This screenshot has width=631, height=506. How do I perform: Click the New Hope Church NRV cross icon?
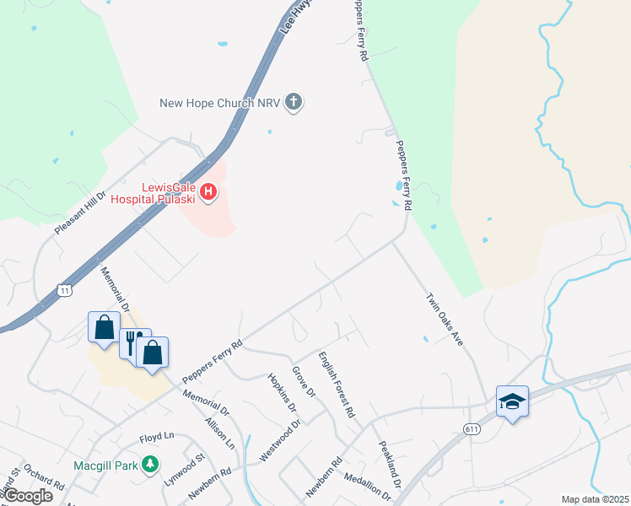pos(294,103)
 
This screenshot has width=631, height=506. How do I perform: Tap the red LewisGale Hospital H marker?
pos(208,193)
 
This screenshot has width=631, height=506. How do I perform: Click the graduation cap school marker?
pos(512,401)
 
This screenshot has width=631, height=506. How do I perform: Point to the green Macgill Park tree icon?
pos(150,463)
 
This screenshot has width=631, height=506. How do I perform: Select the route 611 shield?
pos(472,429)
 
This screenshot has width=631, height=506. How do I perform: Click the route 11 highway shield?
pos(65,290)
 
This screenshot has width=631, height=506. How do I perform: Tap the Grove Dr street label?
pos(303,381)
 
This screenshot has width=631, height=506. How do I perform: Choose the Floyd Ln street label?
pos(156,437)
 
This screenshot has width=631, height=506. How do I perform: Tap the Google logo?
pos(28,496)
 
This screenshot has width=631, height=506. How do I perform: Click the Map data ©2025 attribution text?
pos(595,499)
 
